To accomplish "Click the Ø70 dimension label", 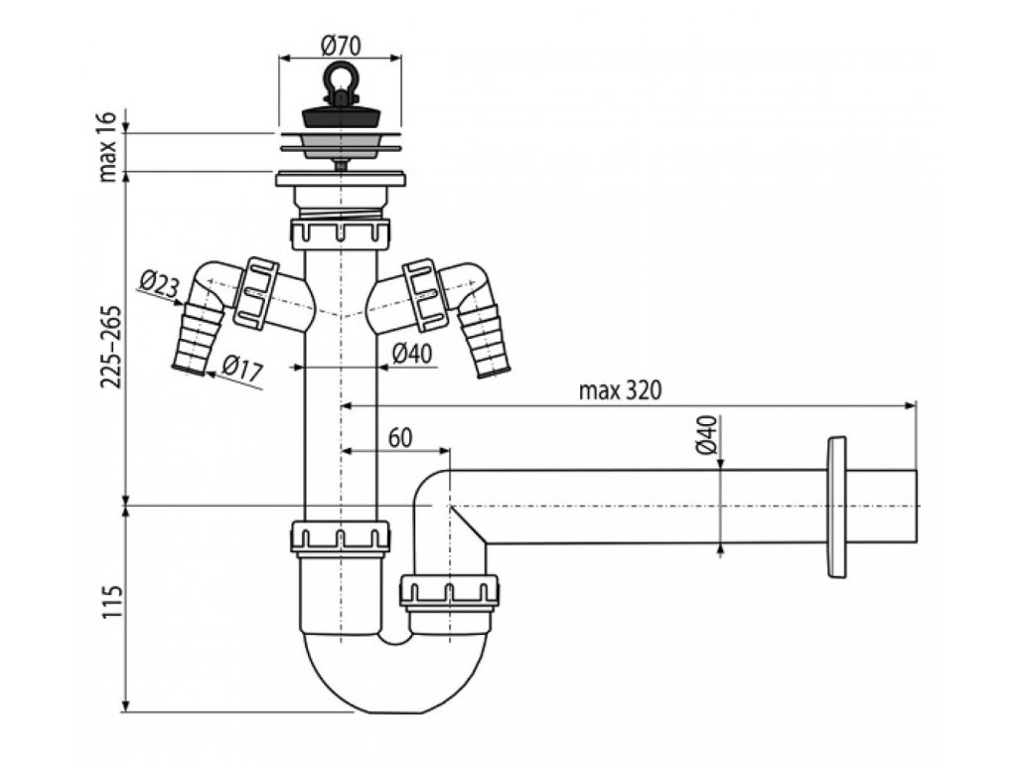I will pyautogui.click(x=341, y=45).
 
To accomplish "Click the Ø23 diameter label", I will pyautogui.click(x=158, y=286).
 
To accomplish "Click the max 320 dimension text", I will pyautogui.click(x=619, y=388).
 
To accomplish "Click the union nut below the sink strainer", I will pyautogui.click(x=340, y=234).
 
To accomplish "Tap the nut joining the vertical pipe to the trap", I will pyautogui.click(x=339, y=537).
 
